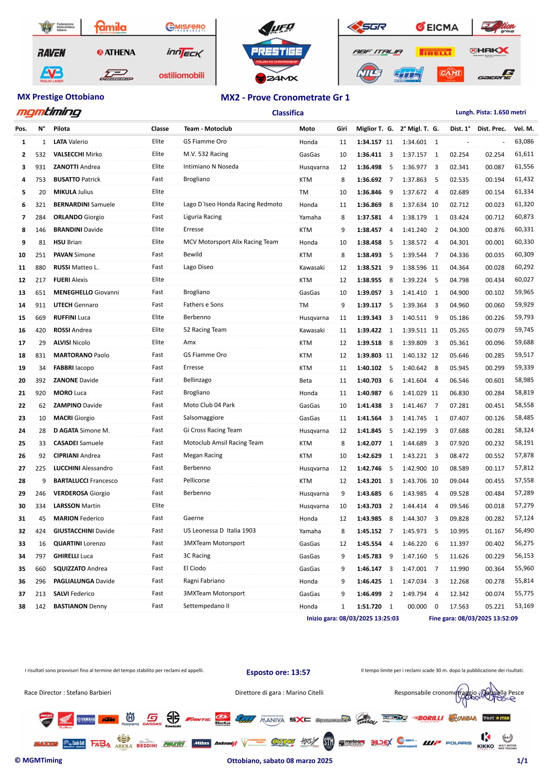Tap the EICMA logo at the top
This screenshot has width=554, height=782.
pos(437,27)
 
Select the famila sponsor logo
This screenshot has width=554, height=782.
pos(110,27)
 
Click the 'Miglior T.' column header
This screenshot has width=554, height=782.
pos(370,129)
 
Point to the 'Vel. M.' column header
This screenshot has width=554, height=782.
pos(524,129)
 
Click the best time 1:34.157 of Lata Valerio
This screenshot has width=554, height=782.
pos(369,142)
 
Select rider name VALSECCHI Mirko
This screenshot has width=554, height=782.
pos(78,154)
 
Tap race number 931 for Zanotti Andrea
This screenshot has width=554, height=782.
pos(41,167)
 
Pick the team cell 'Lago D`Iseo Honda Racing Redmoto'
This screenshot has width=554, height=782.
pos(233,204)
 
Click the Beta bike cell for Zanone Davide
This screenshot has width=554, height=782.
pos(305,380)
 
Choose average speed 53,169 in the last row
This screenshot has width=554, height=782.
pos(524,606)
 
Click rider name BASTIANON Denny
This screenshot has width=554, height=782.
pos(80,606)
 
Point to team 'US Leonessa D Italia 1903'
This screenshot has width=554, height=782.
pos(220,530)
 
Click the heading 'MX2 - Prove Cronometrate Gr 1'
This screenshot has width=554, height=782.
pos(285,97)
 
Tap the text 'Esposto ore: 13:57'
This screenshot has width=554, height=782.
pos(278,672)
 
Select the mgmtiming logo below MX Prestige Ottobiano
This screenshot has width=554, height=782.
pos(49,112)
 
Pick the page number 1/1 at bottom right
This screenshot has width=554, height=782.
pos(522,761)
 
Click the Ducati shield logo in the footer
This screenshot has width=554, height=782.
pos(46,719)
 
